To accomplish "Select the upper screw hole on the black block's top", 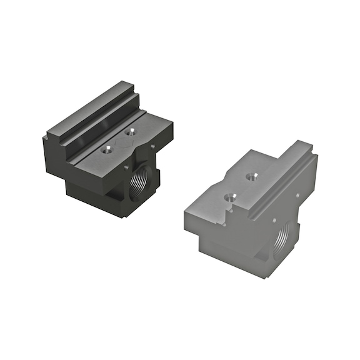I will pos(130,132).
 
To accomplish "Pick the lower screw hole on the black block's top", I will pos(107,149).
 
